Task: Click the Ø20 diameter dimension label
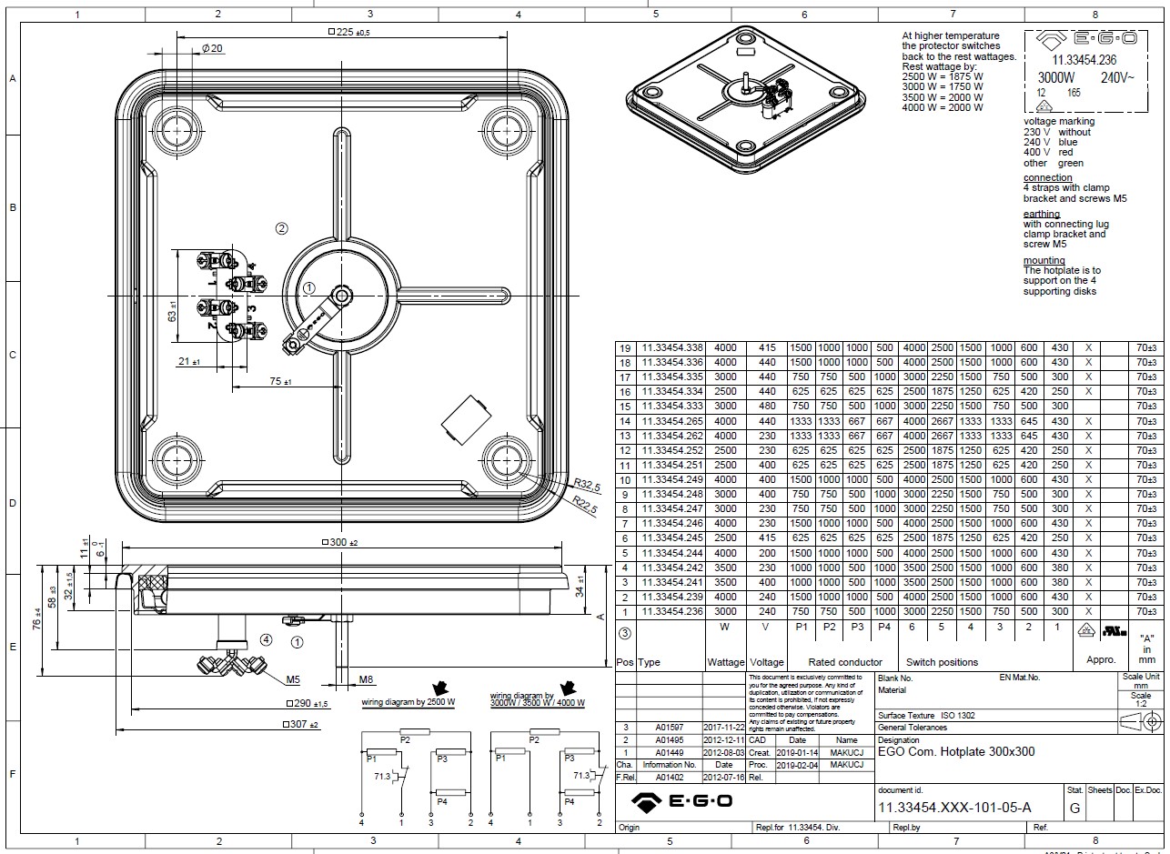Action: click(210, 47)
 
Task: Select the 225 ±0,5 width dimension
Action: click(348, 32)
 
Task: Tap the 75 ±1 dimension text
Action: click(280, 382)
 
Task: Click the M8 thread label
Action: click(366, 679)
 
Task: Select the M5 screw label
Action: click(293, 679)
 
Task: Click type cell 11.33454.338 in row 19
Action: click(672, 348)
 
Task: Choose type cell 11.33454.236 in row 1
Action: click(672, 611)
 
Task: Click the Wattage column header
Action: click(725, 662)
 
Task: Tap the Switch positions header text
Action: click(942, 662)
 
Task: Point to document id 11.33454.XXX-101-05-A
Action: click(954, 808)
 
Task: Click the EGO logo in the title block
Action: click(682, 800)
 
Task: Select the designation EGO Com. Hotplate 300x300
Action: click(955, 752)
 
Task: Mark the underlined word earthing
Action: click(1042, 214)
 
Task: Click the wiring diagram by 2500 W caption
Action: click(408, 703)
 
